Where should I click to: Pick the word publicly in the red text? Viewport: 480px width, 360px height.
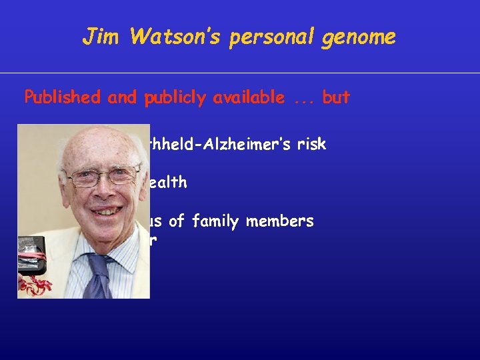click(173, 98)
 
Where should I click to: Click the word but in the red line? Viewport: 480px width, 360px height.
click(336, 97)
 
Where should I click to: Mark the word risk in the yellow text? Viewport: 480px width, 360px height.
click(310, 145)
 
